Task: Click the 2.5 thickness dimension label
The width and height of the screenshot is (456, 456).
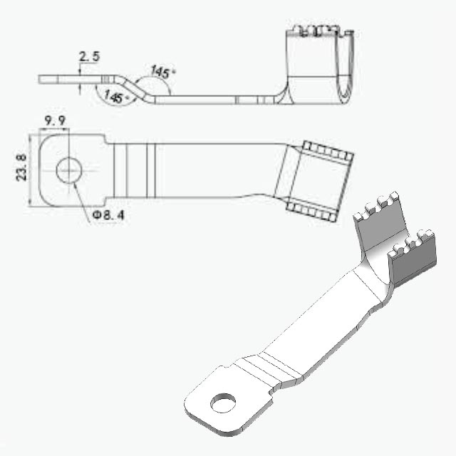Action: (x=89, y=56)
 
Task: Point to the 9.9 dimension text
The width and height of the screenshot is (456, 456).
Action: (x=55, y=121)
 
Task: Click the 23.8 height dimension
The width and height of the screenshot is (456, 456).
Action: (x=21, y=168)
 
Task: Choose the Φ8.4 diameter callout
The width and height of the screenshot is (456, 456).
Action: (x=108, y=215)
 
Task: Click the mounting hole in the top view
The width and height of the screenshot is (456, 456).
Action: (x=69, y=170)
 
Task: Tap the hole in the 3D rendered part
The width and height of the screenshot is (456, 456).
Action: (x=223, y=403)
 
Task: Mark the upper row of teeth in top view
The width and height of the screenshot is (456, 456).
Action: (x=328, y=150)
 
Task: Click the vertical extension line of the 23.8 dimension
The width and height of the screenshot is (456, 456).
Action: (x=30, y=170)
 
